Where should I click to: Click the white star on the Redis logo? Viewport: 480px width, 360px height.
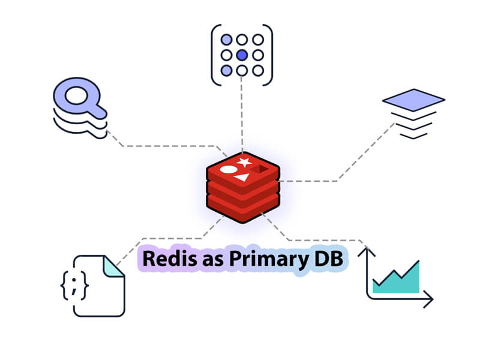pyautogui.click(x=244, y=162)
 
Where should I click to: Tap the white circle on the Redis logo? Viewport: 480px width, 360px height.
pyautogui.click(x=229, y=170)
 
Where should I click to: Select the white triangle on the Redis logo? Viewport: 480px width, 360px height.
pyautogui.click(x=241, y=178)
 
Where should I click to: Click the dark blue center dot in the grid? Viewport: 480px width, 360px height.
pyautogui.click(x=242, y=55)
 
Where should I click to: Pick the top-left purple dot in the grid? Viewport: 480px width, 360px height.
pyautogui.click(x=226, y=40)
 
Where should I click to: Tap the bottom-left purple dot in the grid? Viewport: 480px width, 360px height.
pyautogui.click(x=226, y=71)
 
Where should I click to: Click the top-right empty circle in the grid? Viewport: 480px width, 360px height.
pyautogui.click(x=257, y=40)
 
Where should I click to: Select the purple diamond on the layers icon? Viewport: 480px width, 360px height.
pyautogui.click(x=413, y=98)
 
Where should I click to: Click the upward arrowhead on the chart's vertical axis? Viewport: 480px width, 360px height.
pyautogui.click(x=366, y=248)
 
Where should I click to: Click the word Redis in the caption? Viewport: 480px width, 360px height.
pyautogui.click(x=163, y=260)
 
